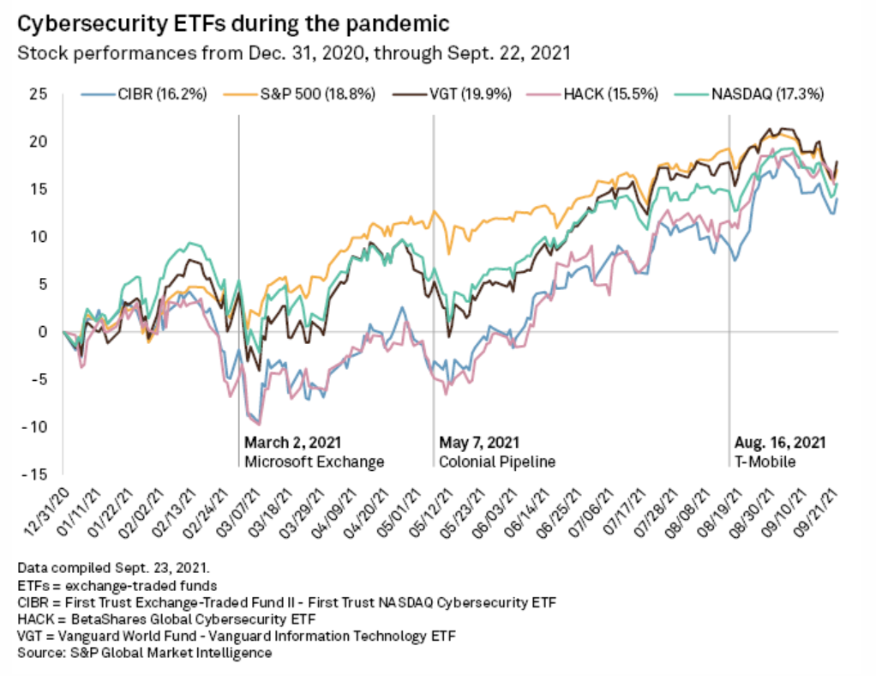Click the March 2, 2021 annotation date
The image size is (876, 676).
click(292, 443)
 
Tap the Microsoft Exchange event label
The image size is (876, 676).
click(314, 462)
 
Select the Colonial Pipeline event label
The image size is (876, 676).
click(497, 462)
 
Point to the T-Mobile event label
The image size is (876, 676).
click(765, 462)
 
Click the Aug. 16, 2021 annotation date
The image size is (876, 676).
click(779, 443)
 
